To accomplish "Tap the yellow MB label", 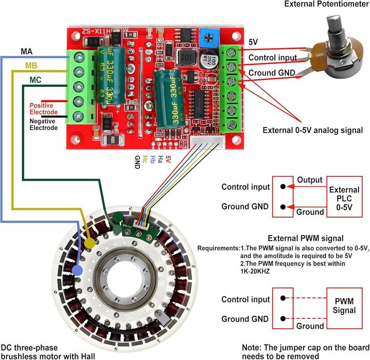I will click(32, 65).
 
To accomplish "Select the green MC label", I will click(36, 80).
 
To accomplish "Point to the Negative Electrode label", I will click(43, 124).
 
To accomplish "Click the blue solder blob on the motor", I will click(78, 269).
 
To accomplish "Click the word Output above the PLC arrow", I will click(309, 181).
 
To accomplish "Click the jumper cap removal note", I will click(306, 351).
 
